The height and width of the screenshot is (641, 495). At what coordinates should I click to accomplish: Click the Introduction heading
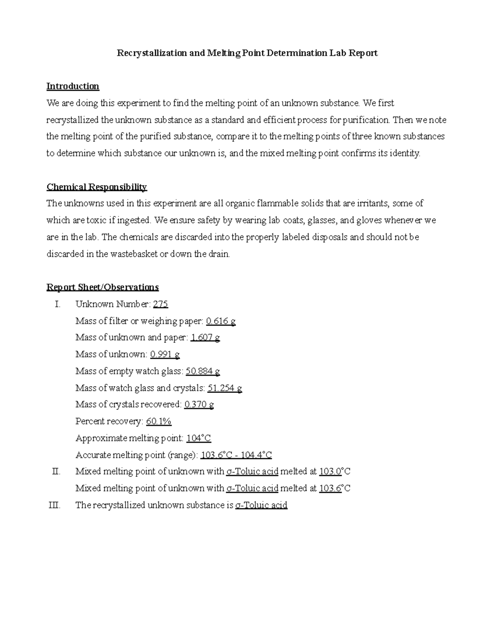[73, 86]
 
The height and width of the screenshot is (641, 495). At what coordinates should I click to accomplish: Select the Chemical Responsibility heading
[97, 187]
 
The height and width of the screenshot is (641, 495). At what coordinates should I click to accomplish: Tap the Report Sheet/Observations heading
[102, 287]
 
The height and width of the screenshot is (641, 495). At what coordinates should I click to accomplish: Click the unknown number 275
[160, 304]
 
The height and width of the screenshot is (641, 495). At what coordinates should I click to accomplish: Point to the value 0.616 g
[221, 321]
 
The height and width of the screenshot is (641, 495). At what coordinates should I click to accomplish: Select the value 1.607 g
[205, 338]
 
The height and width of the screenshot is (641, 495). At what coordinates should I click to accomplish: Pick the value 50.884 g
[203, 371]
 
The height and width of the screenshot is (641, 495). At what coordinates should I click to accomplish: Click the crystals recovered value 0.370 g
[199, 404]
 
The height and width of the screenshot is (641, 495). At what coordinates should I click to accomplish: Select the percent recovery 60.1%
[159, 421]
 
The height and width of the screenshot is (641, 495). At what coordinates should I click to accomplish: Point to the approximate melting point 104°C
[198, 438]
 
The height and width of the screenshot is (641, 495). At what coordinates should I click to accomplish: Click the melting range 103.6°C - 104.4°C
[236, 455]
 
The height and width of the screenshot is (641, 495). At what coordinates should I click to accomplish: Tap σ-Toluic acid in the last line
[261, 505]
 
